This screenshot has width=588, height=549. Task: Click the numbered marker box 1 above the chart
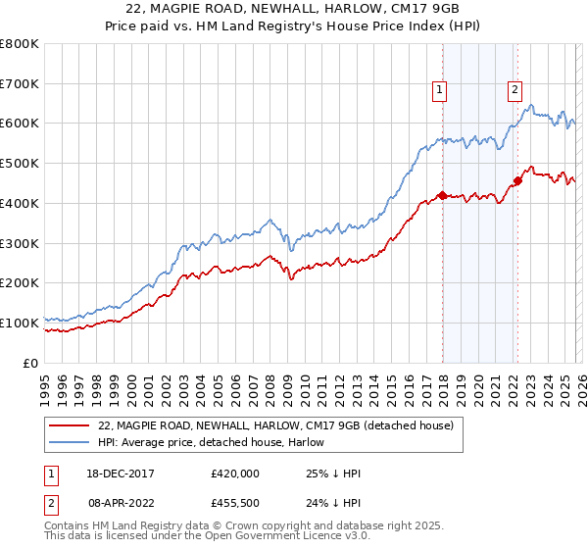click(x=440, y=91)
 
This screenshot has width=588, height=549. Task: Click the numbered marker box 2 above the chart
click(x=514, y=91)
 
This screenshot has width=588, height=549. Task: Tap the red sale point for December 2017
click(x=442, y=195)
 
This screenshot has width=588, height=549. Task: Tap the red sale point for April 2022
click(x=517, y=180)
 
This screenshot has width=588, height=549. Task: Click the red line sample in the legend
click(x=70, y=426)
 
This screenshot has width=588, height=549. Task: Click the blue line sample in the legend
click(x=70, y=443)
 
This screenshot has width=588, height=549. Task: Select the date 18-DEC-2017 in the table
click(x=119, y=474)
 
